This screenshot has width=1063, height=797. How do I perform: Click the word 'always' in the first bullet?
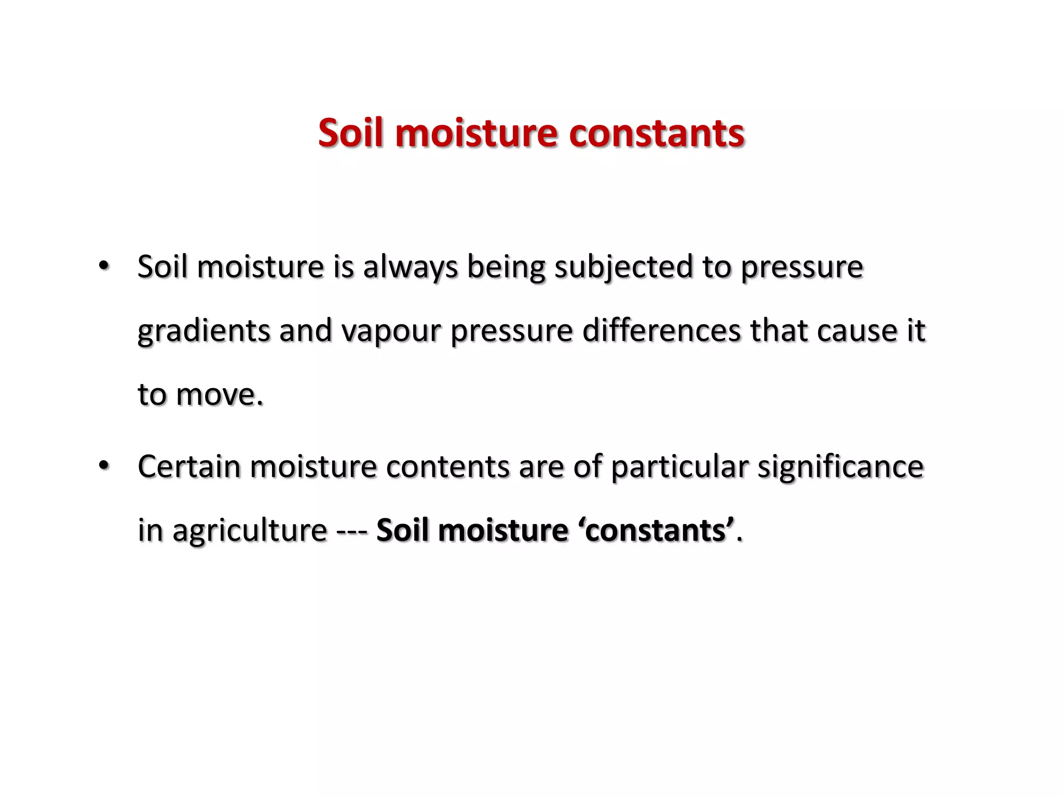[410, 268]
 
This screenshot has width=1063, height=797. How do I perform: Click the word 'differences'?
[661, 331]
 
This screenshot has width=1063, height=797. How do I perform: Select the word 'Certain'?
[189, 466]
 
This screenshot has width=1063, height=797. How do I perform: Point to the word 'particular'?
[679, 466]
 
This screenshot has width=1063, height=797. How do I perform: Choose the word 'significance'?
[841, 466]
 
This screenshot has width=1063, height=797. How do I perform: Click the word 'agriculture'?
[250, 531]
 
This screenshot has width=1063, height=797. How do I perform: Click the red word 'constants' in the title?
[657, 133]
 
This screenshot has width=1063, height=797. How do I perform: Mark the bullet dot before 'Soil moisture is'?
[104, 266]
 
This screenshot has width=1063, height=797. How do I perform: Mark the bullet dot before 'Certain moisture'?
[104, 465]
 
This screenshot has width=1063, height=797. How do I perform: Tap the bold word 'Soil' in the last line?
[402, 531]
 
